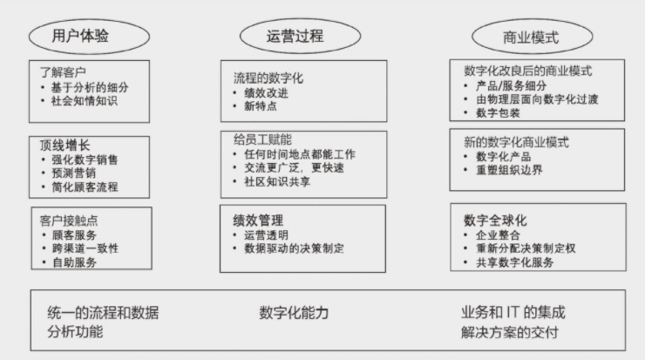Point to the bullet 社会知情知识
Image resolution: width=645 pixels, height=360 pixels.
click(84, 101)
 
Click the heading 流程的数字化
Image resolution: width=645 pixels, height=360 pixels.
click(268, 76)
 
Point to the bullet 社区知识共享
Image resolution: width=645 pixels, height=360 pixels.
click(283, 182)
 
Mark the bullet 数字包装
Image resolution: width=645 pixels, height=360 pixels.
click(498, 113)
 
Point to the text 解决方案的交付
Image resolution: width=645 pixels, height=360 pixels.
click(510, 332)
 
